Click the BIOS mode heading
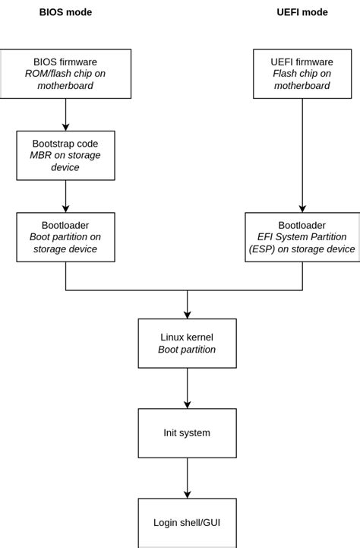tap(65, 12)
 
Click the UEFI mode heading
tap(302, 12)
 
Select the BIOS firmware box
tap(65, 74)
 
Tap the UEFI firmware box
tap(302, 74)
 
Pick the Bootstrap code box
tap(65, 155)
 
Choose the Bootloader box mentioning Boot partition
tap(65, 237)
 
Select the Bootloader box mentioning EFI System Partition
tap(302, 237)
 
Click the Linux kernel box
tap(187, 344)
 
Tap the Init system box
tap(187, 433)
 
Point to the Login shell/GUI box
tap(187, 523)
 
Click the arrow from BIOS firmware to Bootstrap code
tap(65, 114)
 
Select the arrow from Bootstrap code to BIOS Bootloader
tap(65, 196)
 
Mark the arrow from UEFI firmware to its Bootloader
tap(302, 155)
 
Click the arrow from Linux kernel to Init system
tap(187, 388)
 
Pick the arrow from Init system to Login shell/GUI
tap(187, 478)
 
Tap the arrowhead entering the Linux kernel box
tap(187, 314)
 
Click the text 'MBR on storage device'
tap(65, 161)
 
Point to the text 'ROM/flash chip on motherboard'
tap(65, 80)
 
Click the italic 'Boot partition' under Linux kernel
tap(187, 350)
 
